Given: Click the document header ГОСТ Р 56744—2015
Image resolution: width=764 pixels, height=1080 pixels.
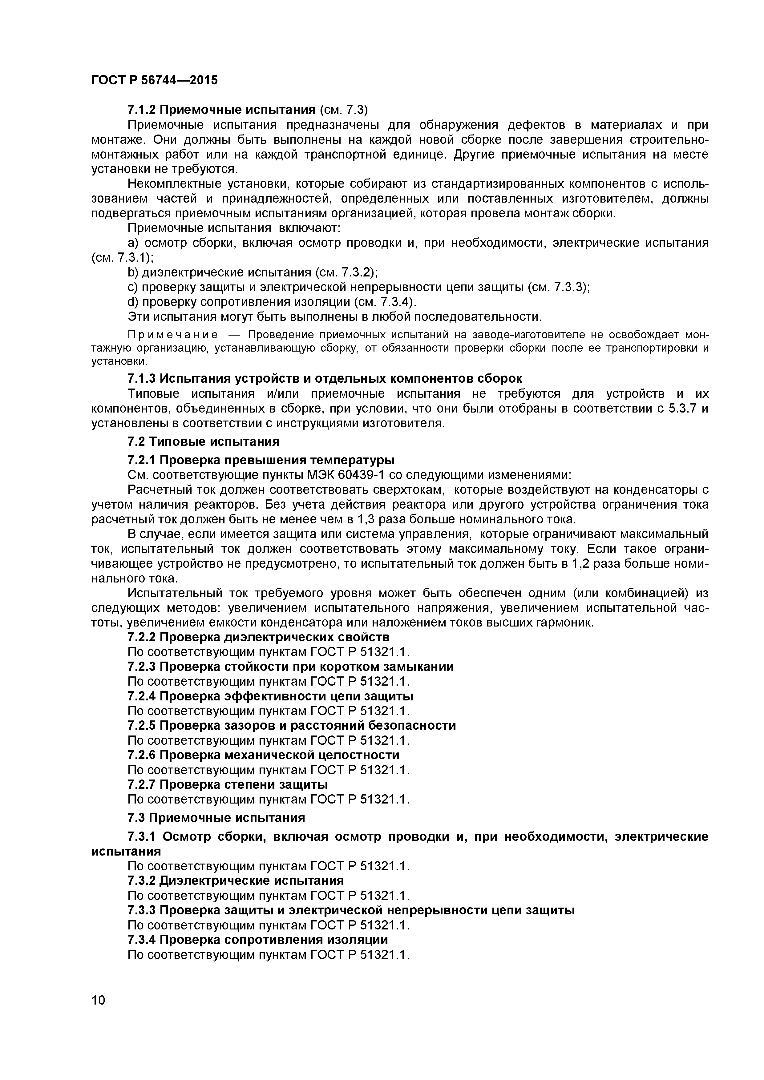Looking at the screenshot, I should tap(154, 80).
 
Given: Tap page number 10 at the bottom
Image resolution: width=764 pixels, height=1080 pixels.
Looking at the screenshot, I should tap(99, 1013).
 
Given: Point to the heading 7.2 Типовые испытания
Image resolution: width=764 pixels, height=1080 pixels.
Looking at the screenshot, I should tap(203, 442).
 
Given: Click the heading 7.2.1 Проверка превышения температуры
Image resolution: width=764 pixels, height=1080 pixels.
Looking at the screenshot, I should tap(261, 460).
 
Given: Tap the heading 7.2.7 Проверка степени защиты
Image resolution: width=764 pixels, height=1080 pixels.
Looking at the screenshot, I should tap(228, 784).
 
